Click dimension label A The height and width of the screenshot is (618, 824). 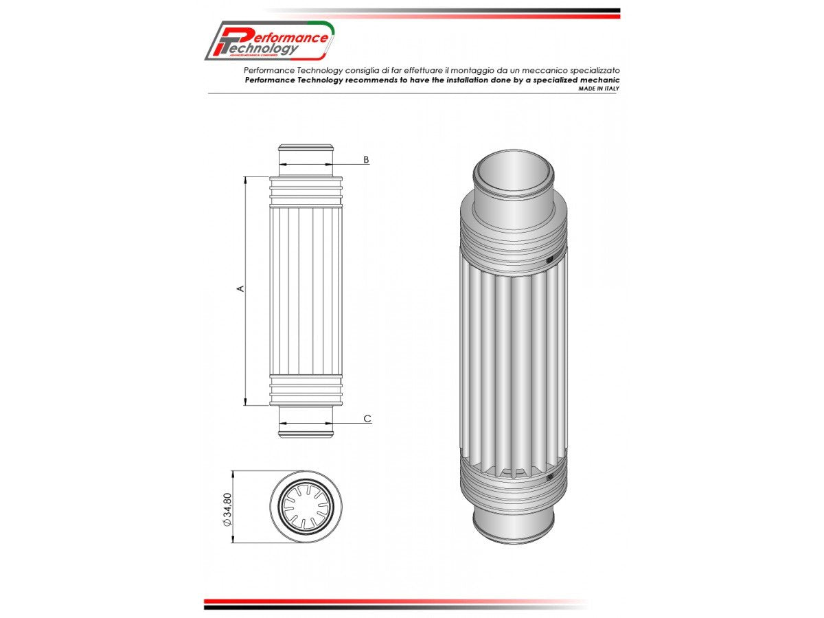[x=240, y=288]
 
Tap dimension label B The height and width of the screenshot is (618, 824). [x=366, y=159]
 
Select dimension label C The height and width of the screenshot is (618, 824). [x=367, y=418]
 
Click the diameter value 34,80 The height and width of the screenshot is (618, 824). [x=227, y=510]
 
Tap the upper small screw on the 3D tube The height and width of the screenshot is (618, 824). [x=549, y=260]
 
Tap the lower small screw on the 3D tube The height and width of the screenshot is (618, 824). [x=549, y=475]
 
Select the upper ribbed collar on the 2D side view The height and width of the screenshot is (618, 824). [x=306, y=191]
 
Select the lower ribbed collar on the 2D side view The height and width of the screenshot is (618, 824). [x=306, y=389]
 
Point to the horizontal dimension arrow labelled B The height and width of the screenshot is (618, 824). [x=306, y=165]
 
